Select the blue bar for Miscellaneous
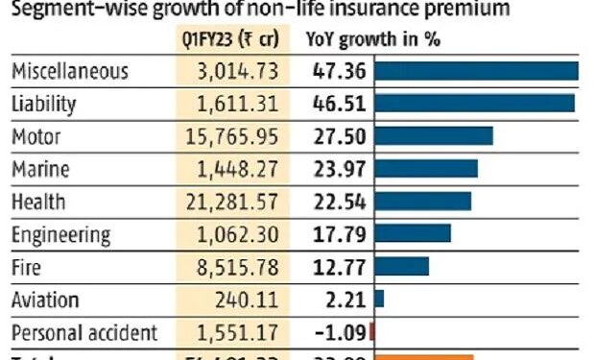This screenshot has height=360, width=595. click(476, 72)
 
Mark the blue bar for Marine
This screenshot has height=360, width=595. click(426, 169)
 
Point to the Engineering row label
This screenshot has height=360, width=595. click(61, 235)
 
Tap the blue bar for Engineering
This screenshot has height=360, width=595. click(413, 234)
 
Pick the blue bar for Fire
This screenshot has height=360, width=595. click(401, 267)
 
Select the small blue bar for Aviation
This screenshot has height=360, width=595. click(379, 300)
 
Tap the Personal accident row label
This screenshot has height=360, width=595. click(83, 333)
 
